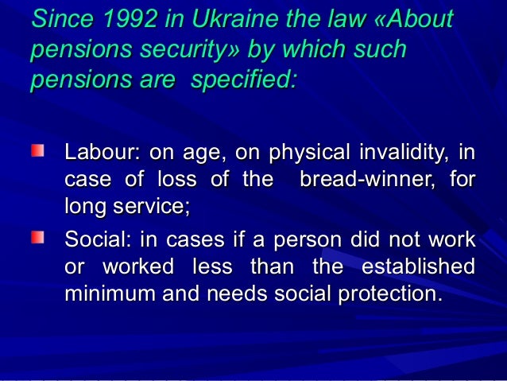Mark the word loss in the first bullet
pos(176,179)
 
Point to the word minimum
pos(107,295)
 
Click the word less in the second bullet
pos(213,266)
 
